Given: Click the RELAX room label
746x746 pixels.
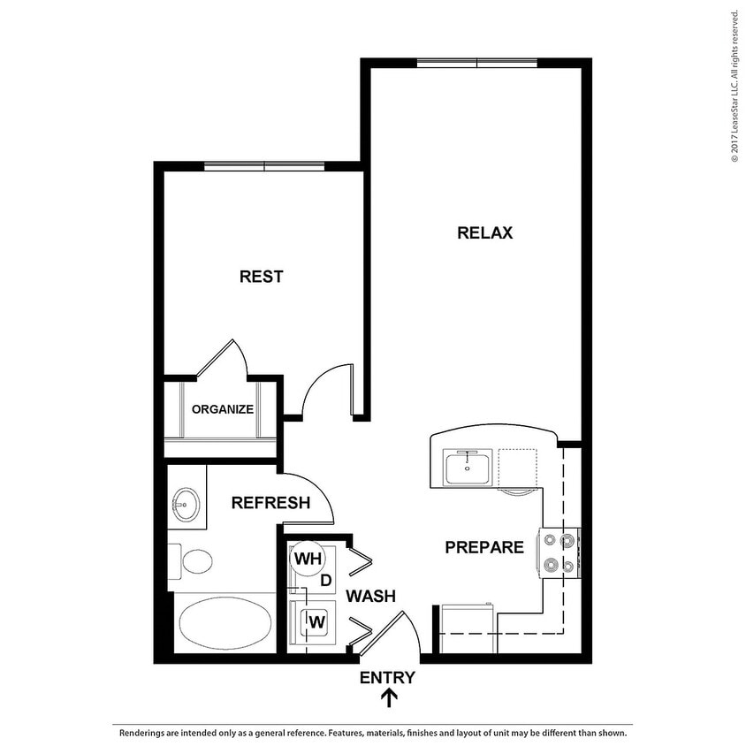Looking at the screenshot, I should click(x=484, y=233).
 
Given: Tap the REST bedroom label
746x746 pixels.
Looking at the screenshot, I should click(x=262, y=277).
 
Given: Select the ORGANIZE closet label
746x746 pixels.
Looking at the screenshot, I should click(x=223, y=409).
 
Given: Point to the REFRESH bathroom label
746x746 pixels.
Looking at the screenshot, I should click(x=270, y=503).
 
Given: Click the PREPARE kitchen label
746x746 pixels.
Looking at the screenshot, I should click(x=484, y=548).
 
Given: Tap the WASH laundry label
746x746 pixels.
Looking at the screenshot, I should click(x=370, y=597).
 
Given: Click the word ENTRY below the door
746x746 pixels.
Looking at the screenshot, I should click(x=387, y=678).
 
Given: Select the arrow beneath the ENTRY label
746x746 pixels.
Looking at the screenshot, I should click(x=388, y=698).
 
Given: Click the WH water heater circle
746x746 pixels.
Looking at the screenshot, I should click(x=307, y=559).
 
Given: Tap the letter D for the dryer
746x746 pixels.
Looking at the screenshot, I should click(x=325, y=581).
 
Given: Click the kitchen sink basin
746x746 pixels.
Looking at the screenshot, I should click(x=468, y=467).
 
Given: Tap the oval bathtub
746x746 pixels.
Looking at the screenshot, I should click(x=225, y=622).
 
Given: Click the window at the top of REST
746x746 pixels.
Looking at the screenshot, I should click(x=264, y=166).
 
